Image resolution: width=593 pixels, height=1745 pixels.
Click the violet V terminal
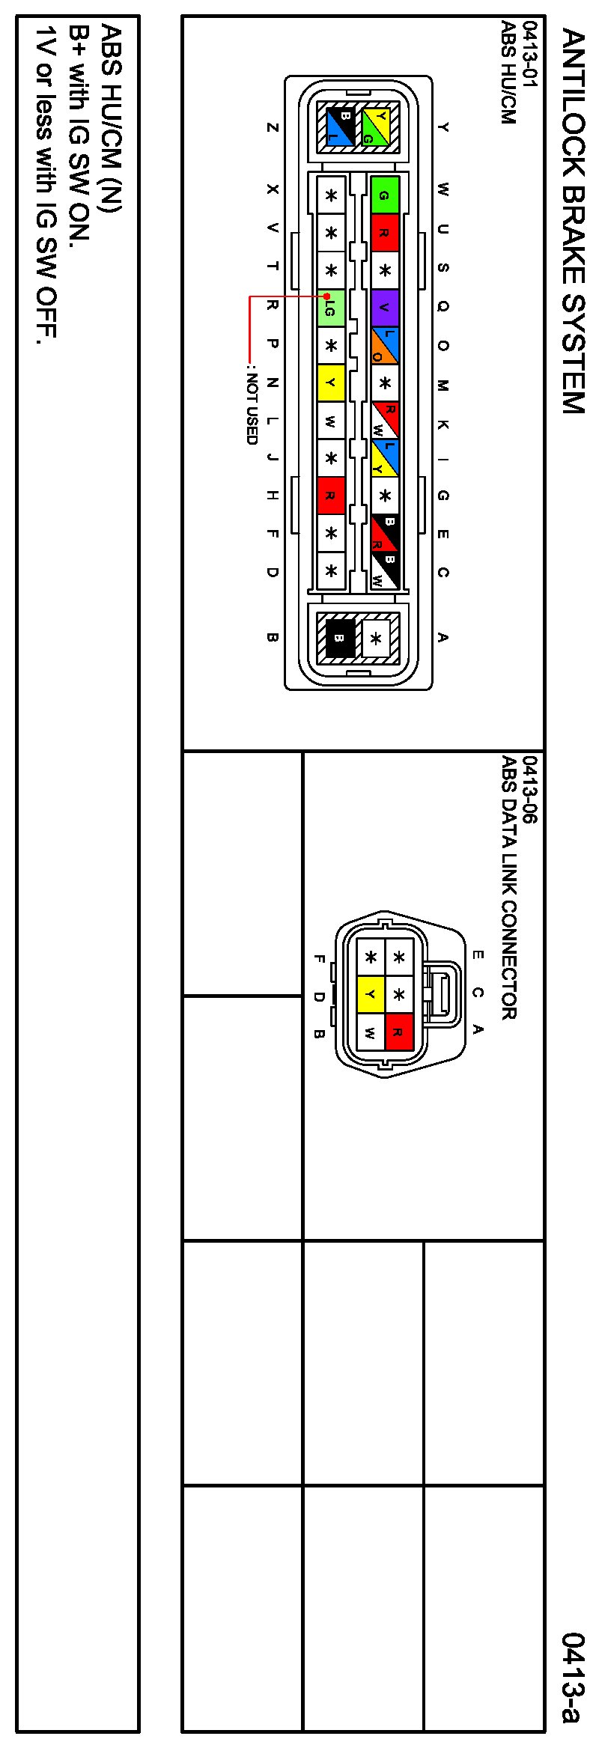(x=385, y=308)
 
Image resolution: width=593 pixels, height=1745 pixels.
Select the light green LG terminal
(x=330, y=308)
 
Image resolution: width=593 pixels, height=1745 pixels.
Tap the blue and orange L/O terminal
(x=384, y=345)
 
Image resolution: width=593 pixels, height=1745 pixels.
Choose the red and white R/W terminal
(x=384, y=420)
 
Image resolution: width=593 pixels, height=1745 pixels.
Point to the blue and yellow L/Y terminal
(x=384, y=457)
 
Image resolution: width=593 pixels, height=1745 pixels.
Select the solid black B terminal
(x=339, y=638)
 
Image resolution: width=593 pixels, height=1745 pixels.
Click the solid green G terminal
(x=385, y=195)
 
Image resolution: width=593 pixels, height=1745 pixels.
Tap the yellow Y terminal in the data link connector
(x=370, y=994)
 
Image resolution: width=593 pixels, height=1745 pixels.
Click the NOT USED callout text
(x=252, y=408)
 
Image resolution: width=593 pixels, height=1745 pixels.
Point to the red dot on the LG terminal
(x=317, y=297)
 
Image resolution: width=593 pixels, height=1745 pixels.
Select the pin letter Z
(x=273, y=127)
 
